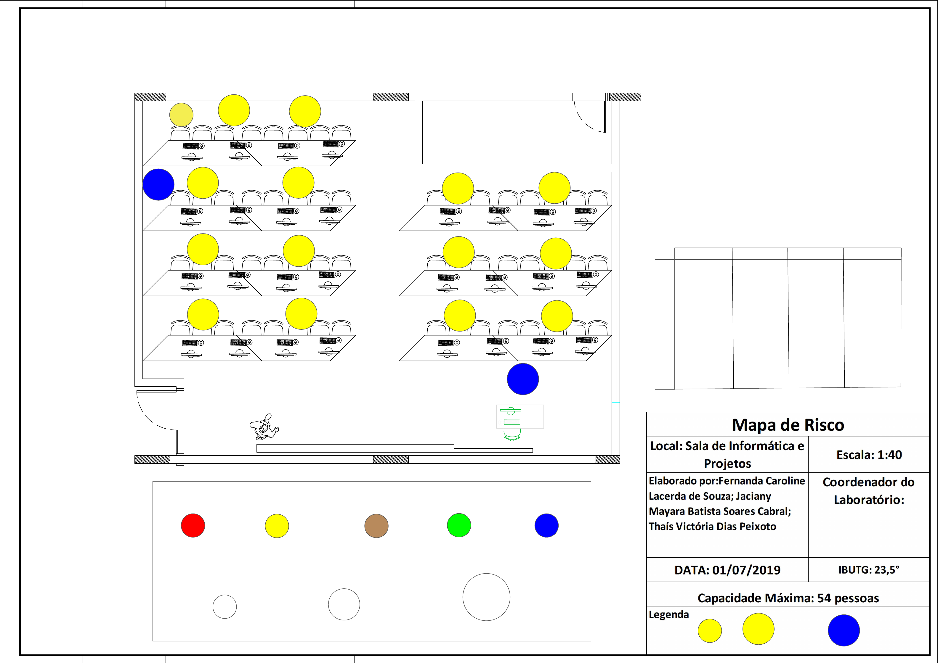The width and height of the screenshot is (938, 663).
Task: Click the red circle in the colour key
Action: [x=193, y=525]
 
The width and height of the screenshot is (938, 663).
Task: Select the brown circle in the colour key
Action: [x=376, y=526]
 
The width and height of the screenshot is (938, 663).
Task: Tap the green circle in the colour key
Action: [x=459, y=525]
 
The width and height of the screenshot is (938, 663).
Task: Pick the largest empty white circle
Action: [x=486, y=597]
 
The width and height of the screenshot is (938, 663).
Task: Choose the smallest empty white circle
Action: [x=225, y=607]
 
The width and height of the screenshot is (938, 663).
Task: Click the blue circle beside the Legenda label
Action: [x=844, y=630]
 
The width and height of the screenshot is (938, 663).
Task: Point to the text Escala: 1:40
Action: [x=869, y=455]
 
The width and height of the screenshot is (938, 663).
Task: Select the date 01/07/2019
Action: [x=746, y=570]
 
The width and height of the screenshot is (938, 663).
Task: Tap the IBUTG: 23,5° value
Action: [x=869, y=570]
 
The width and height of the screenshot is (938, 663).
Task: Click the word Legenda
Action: [x=669, y=615]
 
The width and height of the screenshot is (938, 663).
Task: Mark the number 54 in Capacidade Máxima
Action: [x=824, y=598]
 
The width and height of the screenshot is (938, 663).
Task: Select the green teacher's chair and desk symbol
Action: [x=512, y=423]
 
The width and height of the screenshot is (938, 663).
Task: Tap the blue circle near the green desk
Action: [x=522, y=379]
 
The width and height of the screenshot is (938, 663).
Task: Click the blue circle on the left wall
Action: [x=158, y=184]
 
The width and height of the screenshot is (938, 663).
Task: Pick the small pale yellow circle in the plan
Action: [x=181, y=115]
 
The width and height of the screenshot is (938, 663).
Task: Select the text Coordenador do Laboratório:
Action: [x=869, y=491]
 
